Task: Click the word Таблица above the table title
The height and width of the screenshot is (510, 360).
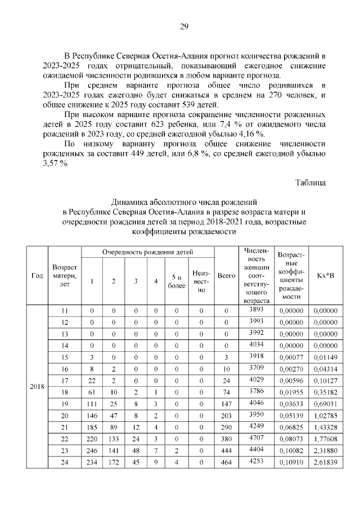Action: pyautogui.click(x=310, y=182)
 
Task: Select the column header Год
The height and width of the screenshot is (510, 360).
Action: pyautogui.click(x=37, y=276)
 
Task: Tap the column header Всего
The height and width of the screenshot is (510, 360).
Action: pyautogui.click(x=226, y=276)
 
